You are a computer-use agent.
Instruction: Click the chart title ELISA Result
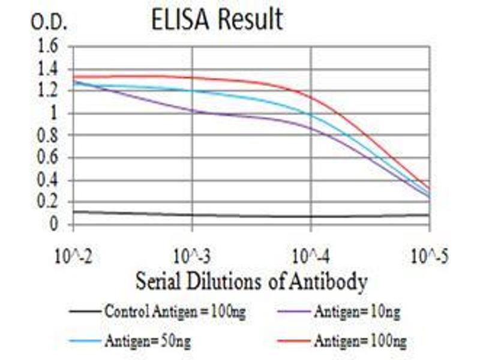pos(217,20)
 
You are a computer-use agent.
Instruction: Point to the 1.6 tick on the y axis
pos(50,47)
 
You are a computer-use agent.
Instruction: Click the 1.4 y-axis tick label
pos(50,69)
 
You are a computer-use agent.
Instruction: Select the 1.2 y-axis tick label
pos(50,91)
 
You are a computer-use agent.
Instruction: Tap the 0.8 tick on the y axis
pos(50,136)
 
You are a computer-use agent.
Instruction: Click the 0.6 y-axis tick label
pos(50,158)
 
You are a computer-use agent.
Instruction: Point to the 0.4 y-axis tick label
pos(50,180)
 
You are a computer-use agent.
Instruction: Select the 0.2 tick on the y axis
pos(50,202)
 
